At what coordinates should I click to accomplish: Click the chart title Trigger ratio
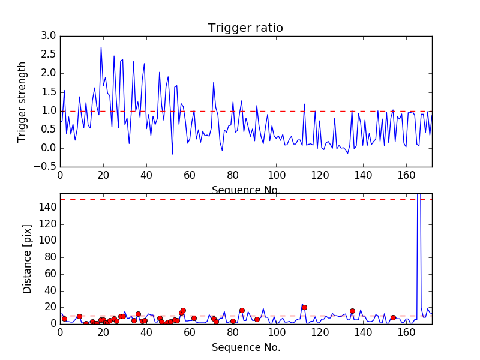pyautogui.click(x=245, y=28)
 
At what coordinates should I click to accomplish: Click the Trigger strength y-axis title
pyautogui.click(x=22, y=101)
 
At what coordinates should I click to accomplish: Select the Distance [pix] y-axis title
pyautogui.click(x=27, y=259)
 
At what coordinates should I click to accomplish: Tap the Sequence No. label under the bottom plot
pyautogui.click(x=246, y=347)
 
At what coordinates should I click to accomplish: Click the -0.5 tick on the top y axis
pyautogui.click(x=47, y=167)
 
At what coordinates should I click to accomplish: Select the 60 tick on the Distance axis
pyautogui.click(x=49, y=274)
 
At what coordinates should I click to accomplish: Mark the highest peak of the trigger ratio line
pyautogui.click(x=101, y=47)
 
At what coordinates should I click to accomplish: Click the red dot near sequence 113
pyautogui.click(x=304, y=307)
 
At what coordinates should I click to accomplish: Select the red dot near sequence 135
pyautogui.click(x=352, y=311)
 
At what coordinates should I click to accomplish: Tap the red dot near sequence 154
pyautogui.click(x=393, y=317)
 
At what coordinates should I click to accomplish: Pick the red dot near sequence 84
pyautogui.click(x=242, y=310)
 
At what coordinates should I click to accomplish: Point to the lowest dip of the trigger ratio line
pyautogui.click(x=172, y=154)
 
